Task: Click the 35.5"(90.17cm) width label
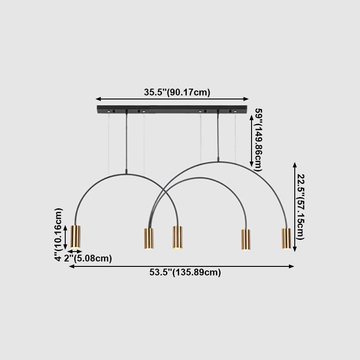coord(177,93)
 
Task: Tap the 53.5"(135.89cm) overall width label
coord(185,272)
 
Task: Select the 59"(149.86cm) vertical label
coord(258,139)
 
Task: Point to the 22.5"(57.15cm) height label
coord(300,207)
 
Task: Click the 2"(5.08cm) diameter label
coord(88,258)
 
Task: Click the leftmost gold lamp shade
coord(76,236)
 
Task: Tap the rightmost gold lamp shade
coord(286,238)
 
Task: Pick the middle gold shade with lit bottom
coord(178,237)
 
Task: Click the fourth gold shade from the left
coord(246,239)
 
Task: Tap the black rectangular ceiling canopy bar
coord(172,109)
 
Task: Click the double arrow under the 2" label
coord(75,252)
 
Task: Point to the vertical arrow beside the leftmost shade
coord(66,237)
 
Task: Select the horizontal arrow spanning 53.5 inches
coord(181,266)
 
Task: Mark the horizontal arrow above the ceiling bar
coord(172,99)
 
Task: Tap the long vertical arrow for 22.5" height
coord(295,207)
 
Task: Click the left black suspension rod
coord(127,142)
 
